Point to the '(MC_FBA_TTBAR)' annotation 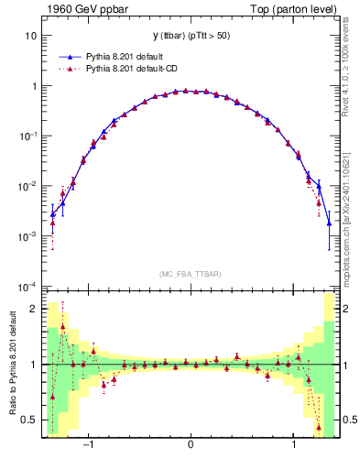point(190,274)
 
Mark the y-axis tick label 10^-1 point(28,136)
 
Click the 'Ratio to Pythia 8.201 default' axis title point(11,364)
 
